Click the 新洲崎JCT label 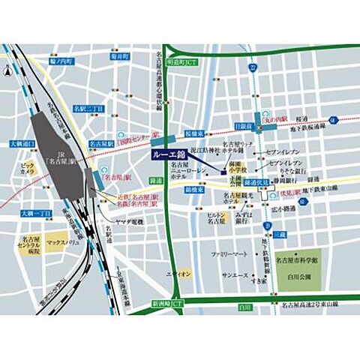click(x=166, y=304)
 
